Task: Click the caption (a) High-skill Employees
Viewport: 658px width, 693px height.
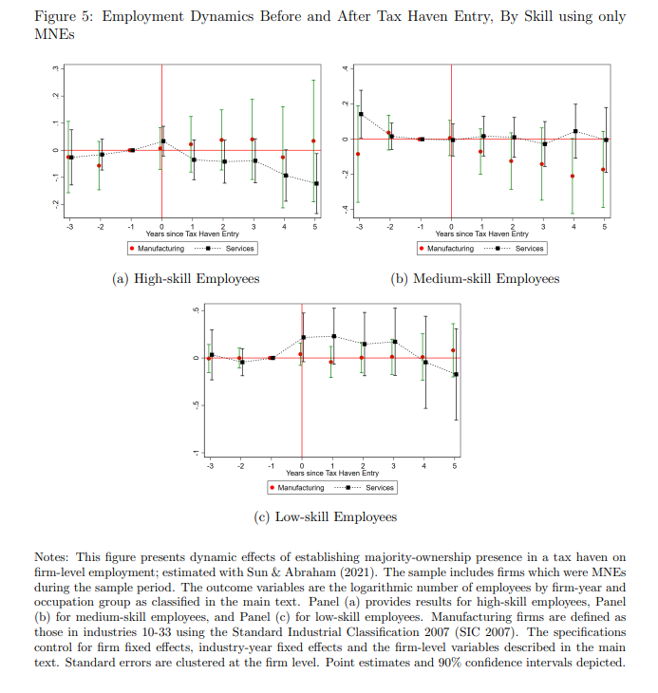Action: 185,278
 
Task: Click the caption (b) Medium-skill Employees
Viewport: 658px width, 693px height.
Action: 476,278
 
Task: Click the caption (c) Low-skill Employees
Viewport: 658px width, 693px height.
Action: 326,517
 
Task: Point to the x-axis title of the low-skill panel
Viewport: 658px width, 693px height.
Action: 331,472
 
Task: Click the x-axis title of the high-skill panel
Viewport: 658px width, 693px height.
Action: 192,233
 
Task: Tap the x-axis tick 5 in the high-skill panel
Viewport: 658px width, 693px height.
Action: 314,226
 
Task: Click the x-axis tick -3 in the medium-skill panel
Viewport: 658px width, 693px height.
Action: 358,226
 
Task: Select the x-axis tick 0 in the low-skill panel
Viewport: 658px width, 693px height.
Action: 302,465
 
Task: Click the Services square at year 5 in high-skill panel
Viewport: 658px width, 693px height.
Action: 315,183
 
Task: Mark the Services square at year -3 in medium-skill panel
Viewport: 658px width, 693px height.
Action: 362,114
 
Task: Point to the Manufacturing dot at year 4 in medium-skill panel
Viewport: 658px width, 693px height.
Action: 573,177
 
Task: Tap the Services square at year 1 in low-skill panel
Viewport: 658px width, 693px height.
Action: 333,336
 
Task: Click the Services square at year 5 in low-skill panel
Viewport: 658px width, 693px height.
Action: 456,375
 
